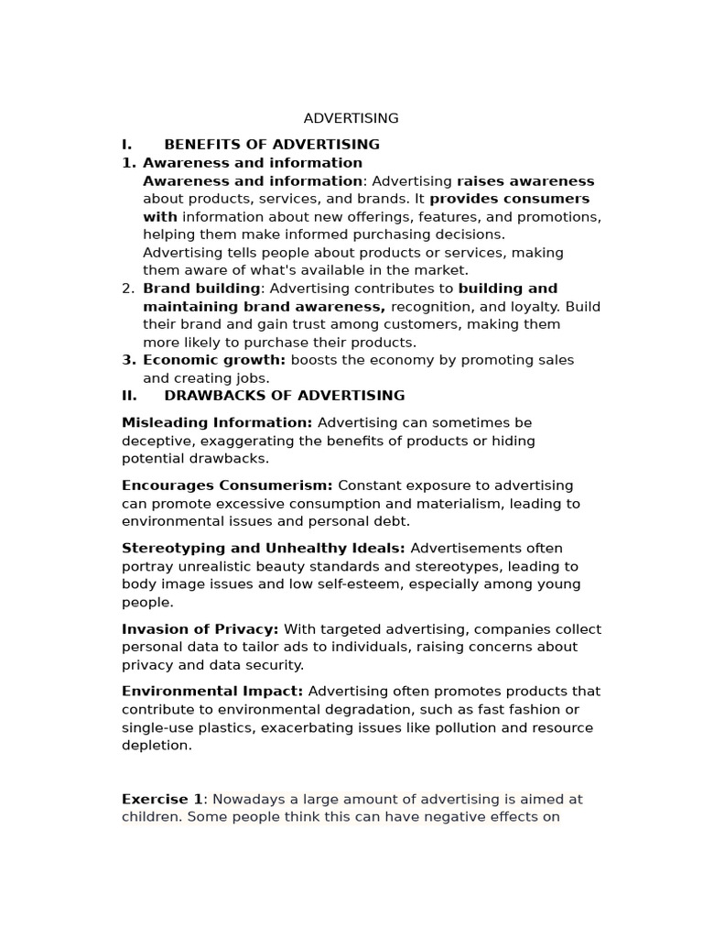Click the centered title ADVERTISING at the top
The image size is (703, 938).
pyautogui.click(x=351, y=118)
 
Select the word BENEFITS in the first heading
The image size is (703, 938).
pyautogui.click(x=203, y=145)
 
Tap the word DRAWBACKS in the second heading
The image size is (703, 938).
pyautogui.click(x=208, y=396)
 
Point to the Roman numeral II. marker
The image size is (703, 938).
pyautogui.click(x=129, y=396)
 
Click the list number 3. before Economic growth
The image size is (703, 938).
pyautogui.click(x=128, y=360)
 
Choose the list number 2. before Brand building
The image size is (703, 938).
pyautogui.click(x=128, y=289)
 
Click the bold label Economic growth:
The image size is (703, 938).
pyautogui.click(x=214, y=360)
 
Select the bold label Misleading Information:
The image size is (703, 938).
pyautogui.click(x=217, y=423)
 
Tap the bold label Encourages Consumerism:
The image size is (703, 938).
pyautogui.click(x=227, y=485)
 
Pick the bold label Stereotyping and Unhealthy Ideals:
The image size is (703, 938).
pyautogui.click(x=264, y=549)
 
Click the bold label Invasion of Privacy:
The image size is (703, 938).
pyautogui.click(x=200, y=629)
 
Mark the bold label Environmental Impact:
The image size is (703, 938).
pyautogui.click(x=212, y=692)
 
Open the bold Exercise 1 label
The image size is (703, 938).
pyautogui.click(x=162, y=799)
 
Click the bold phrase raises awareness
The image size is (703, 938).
pyautogui.click(x=525, y=181)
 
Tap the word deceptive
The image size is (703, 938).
pyautogui.click(x=156, y=441)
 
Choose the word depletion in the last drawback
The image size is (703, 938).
pyautogui.click(x=157, y=746)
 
